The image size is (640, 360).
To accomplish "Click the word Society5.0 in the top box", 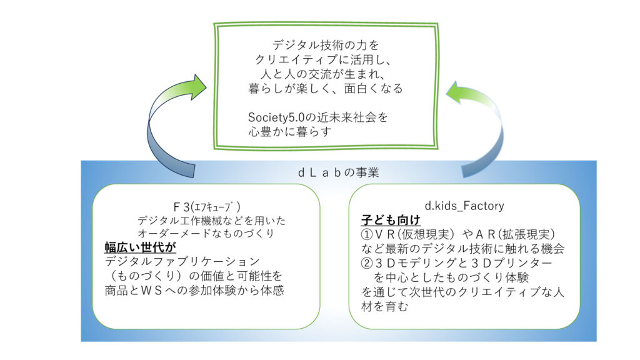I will pyautogui.click(x=276, y=117).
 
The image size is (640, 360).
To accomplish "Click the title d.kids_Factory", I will pyautogui.click(x=464, y=205).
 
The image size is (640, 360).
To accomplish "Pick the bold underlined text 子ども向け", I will pyautogui.click(x=391, y=220).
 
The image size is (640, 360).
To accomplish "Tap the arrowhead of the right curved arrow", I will pyautogui.click(x=456, y=94).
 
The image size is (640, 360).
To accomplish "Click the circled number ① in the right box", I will pyautogui.click(x=369, y=234).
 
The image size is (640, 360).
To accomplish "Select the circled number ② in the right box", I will pyautogui.click(x=369, y=263).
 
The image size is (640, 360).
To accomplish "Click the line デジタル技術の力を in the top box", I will pyautogui.click(x=326, y=45).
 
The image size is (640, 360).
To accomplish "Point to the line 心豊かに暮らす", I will pyautogui.click(x=288, y=132).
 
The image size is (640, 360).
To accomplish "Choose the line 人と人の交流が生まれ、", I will pyautogui.click(x=326, y=74).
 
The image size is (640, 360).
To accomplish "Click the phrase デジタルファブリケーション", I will pyautogui.click(x=182, y=261).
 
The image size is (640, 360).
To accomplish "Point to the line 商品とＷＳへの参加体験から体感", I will pyautogui.click(x=191, y=290).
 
